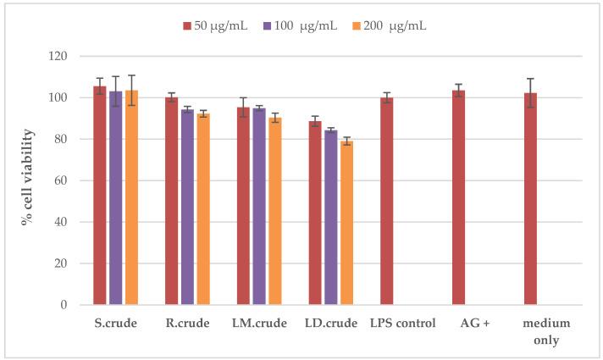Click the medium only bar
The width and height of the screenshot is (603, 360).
click(x=531, y=199)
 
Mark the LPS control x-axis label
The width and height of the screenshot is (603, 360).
click(x=401, y=324)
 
